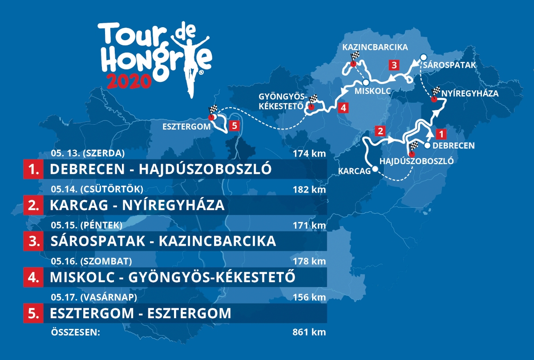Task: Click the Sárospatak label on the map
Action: pos(450,65)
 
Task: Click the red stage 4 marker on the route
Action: pos(342,107)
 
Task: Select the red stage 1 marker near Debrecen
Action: pos(440,133)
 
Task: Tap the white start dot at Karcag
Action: pos(376,169)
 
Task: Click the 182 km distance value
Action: pos(310,189)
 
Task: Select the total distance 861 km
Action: pos(310,332)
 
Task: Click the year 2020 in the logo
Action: pos(129,80)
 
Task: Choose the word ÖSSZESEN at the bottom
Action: pos(74,332)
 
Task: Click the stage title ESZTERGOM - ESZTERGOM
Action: pos(141,313)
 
